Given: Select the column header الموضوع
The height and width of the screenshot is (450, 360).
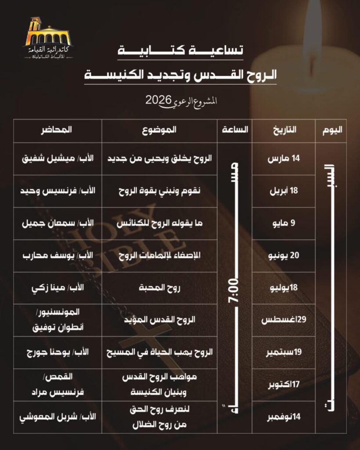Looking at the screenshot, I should (160, 130).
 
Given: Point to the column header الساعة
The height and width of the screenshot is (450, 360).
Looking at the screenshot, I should (236, 130).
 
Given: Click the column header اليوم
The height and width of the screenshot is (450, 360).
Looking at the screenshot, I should (332, 130).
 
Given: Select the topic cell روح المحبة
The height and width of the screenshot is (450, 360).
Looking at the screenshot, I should (160, 288).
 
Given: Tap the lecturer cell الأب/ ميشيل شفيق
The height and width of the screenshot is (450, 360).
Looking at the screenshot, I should (56, 159).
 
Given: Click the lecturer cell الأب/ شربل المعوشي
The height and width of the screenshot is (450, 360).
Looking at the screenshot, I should (56, 417).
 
